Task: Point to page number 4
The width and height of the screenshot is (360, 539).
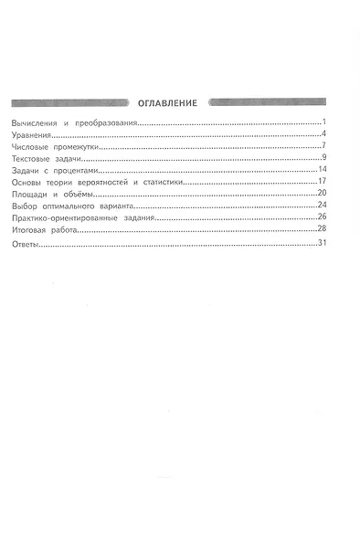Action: [324, 134]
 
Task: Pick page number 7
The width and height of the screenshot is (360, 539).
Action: [324, 146]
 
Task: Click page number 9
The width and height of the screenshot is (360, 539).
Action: [324, 158]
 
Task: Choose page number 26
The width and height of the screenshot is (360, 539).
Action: [323, 218]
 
